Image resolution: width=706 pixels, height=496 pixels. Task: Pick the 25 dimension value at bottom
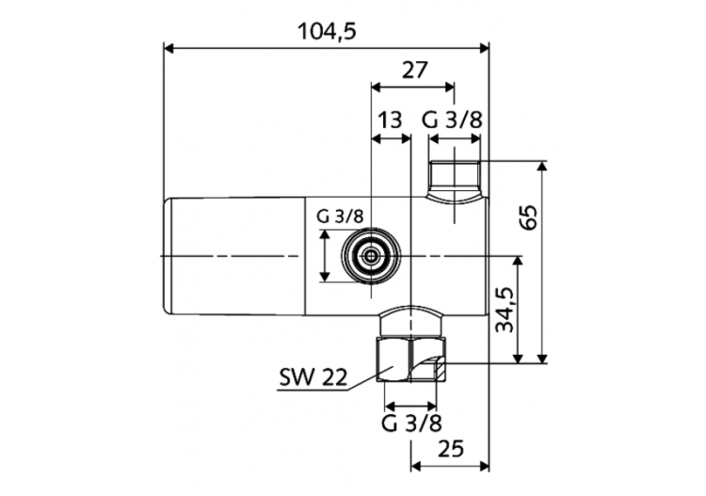(450, 451)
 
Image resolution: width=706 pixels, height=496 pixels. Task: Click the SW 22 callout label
(313, 379)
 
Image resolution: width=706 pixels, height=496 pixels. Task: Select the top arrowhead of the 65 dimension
(542, 166)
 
